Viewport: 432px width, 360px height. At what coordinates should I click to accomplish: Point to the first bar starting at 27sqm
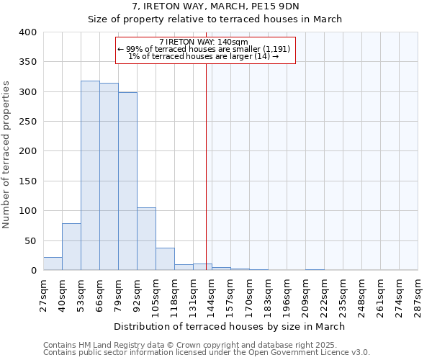pos(53,264)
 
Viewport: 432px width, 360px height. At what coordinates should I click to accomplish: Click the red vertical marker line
pos(206,166)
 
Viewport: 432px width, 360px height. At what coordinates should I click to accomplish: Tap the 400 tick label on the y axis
pos(28,32)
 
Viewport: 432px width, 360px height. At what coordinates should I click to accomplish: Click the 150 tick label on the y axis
pos(28,181)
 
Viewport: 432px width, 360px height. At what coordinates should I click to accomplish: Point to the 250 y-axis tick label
pos(28,122)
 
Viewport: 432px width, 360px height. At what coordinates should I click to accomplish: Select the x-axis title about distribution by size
pos(229,326)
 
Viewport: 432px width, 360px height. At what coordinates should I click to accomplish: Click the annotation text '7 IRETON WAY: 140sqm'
pos(204,42)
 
